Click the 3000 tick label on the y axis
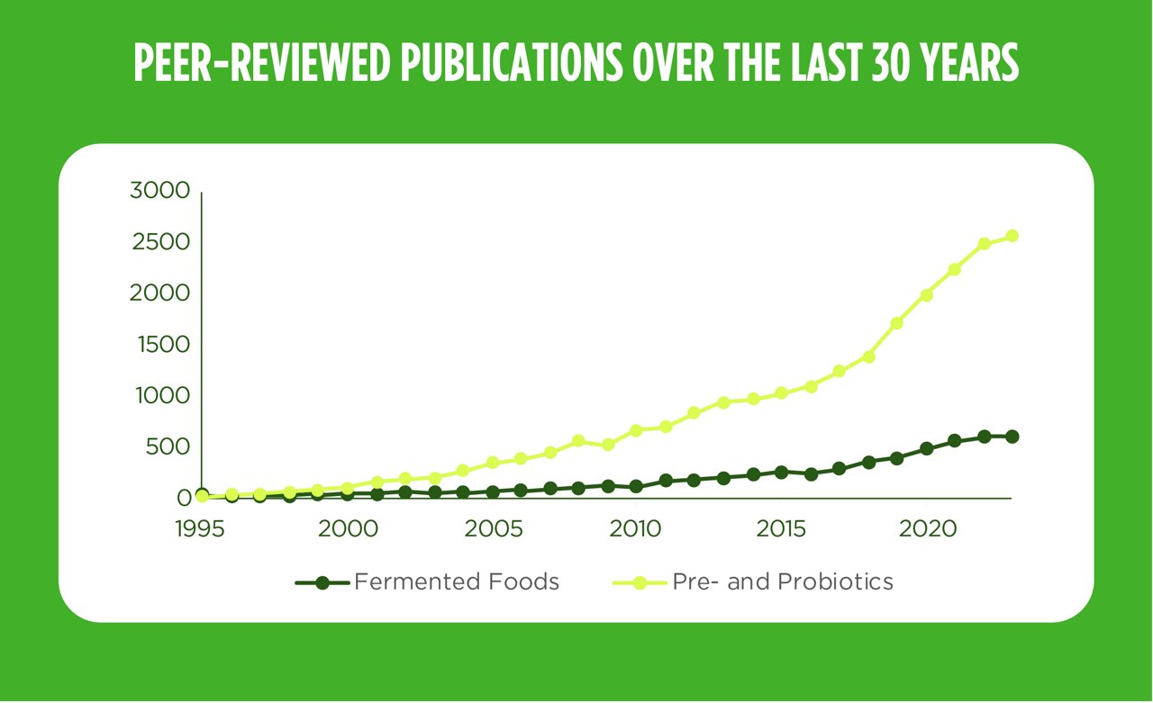tap(159, 191)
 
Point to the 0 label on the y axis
tap(184, 498)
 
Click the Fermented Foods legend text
tap(457, 582)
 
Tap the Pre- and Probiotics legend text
tap(783, 582)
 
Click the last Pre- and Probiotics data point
tap(1012, 236)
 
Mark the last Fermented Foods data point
tap(1012, 437)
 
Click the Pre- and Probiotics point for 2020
tap(926, 295)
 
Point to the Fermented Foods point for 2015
tap(781, 472)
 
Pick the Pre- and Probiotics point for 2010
tap(636, 430)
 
